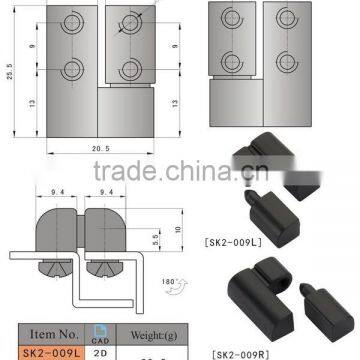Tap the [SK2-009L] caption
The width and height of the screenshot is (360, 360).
260,241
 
